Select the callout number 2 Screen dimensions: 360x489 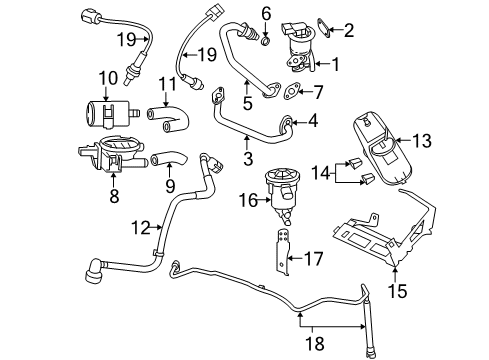pos(348,30)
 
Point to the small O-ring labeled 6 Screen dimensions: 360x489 pos(263,41)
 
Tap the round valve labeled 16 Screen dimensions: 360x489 pos(284,195)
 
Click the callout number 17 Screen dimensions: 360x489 pos(312,258)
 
